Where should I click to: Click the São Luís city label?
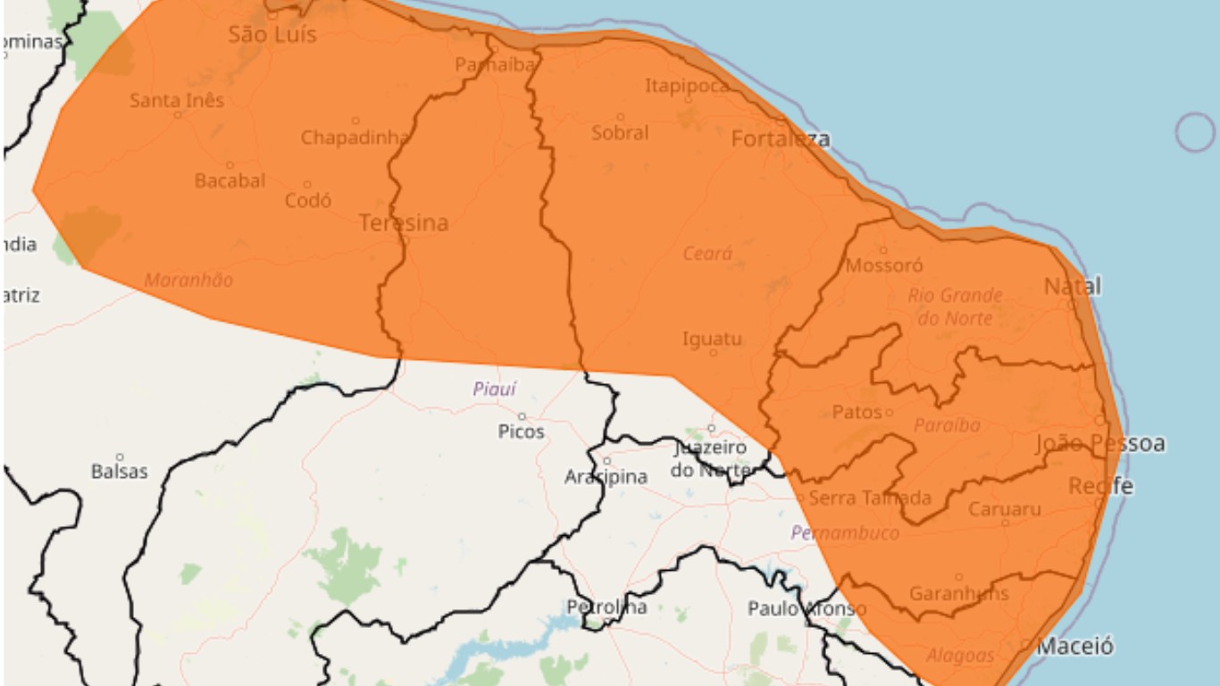pos(272,35)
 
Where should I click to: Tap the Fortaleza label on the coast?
pos(781,138)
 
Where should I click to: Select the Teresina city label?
pos(404,223)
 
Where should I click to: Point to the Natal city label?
pos(1073,287)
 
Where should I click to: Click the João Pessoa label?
pos(1100,444)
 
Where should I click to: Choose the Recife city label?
pos(1101,486)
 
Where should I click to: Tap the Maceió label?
pos(1075,646)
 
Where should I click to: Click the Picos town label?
pos(522,431)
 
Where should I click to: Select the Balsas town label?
pos(119,471)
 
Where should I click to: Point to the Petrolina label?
pos(606,607)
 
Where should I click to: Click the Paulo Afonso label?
pos(806,608)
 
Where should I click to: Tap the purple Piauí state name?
pos(494,389)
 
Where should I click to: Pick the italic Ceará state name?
pos(707,254)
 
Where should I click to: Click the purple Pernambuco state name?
pos(845,533)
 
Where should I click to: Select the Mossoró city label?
pos(884,265)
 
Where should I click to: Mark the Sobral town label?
pos(620,133)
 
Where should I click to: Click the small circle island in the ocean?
pos(1195,132)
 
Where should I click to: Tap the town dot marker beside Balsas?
pos(119,457)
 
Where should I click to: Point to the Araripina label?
pos(606,477)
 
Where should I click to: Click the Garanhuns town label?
pos(959,593)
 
